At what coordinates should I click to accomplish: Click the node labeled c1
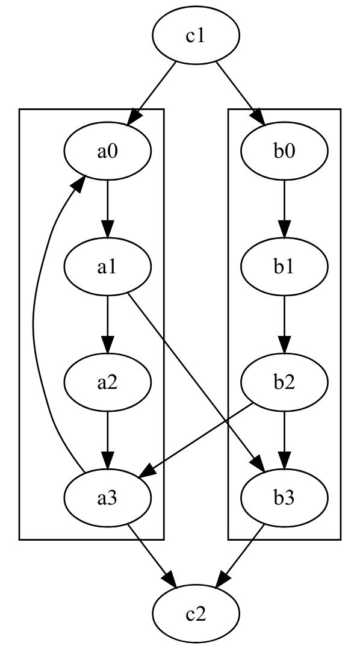[196, 36]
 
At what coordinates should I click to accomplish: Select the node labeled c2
[196, 614]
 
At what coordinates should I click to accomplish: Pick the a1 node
[107, 267]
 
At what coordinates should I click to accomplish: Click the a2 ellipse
[107, 383]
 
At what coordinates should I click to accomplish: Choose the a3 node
[107, 498]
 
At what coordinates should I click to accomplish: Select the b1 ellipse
[284, 267]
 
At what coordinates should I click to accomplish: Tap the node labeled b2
[284, 383]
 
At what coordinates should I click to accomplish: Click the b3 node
[284, 498]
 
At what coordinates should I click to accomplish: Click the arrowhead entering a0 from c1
[135, 119]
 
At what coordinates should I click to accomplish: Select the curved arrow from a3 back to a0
[36, 325]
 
